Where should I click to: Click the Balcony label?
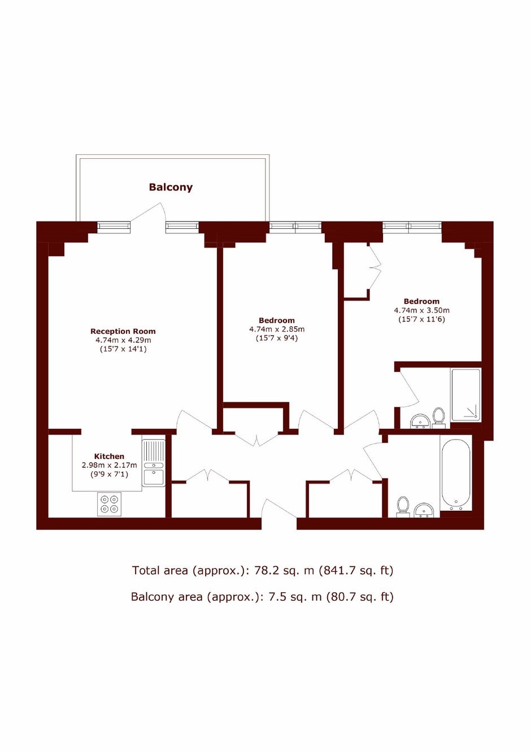pos(171,187)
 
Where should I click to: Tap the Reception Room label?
pos(123,332)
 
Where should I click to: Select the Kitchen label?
pos(109,456)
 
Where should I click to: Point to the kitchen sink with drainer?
pos(154,463)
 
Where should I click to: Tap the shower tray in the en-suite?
pos(465,395)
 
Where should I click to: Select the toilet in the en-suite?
pos(438,418)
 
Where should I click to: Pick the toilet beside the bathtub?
pos(403,507)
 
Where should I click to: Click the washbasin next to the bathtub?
pos(424,511)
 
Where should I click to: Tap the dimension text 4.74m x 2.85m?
pos(277,329)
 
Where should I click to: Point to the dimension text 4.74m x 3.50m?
pos(422,310)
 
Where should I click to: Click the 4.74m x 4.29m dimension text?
pos(123,340)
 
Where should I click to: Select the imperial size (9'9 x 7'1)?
pos(109,474)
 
